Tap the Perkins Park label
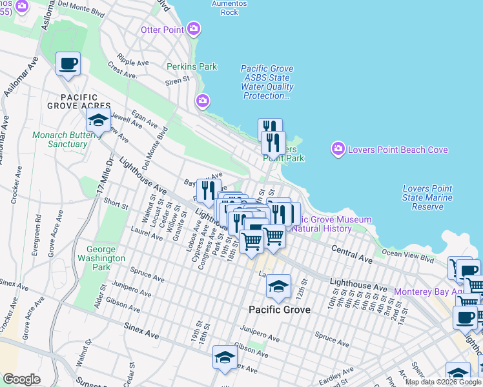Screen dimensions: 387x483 [191, 66]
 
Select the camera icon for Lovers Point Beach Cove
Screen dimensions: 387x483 [338, 150]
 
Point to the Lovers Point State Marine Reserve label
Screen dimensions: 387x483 [427, 197]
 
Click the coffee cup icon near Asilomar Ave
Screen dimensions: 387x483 [68, 64]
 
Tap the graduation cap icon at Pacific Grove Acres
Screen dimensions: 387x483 [98, 119]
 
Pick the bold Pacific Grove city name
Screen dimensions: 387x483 [280, 310]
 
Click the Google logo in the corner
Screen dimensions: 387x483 [21, 379]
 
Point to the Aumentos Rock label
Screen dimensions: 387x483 [229, 8]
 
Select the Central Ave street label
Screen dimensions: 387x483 [352, 253]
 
